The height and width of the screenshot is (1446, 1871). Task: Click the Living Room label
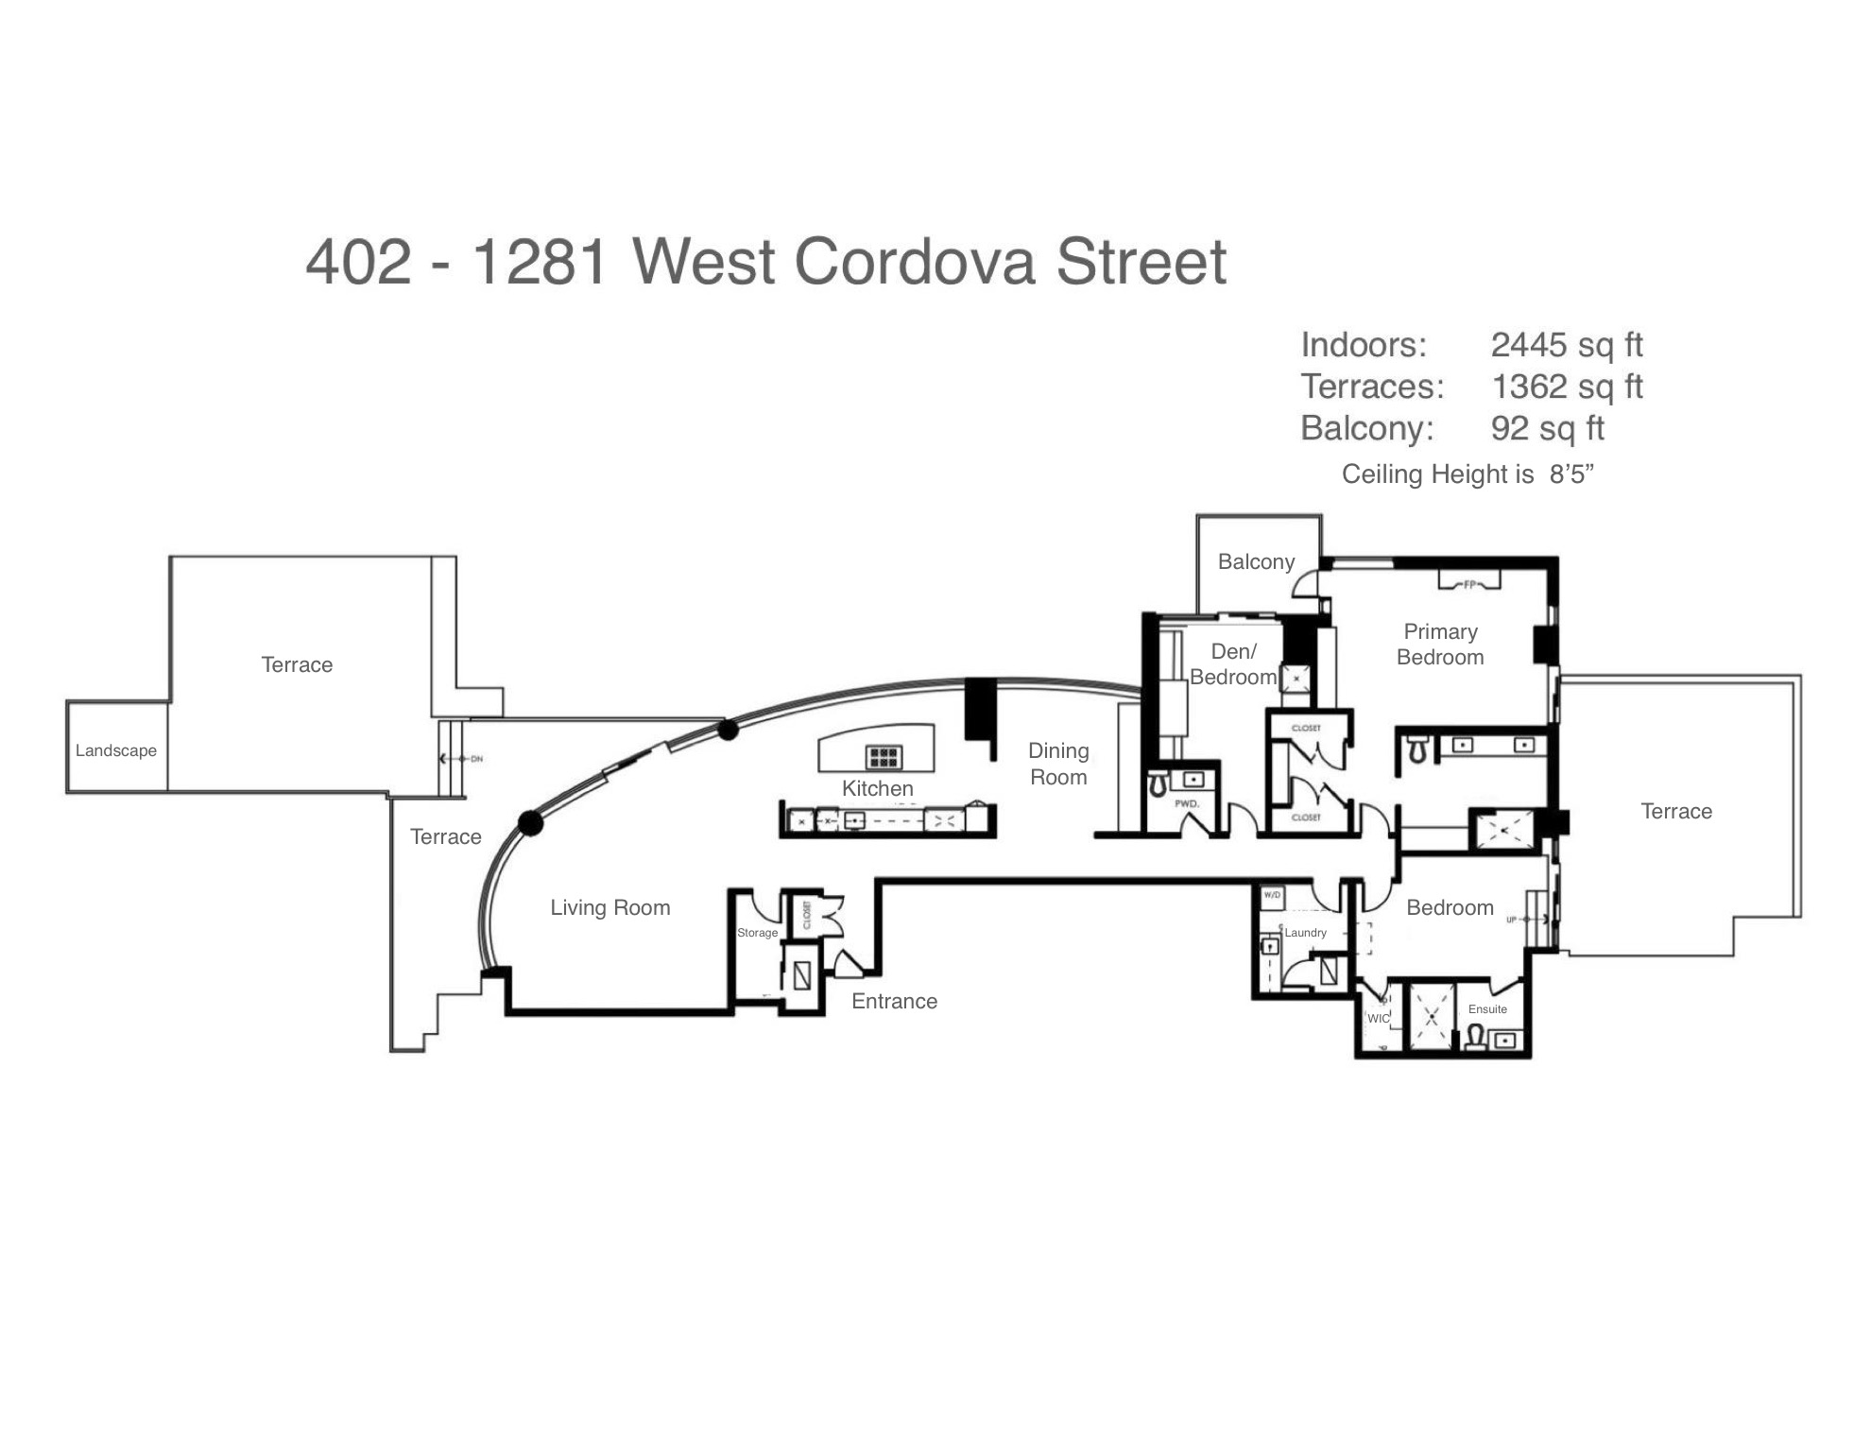pyautogui.click(x=610, y=908)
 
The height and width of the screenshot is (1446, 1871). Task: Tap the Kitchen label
pyautogui.click(x=878, y=789)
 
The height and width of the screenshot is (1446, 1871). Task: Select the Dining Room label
pyautogui.click(x=1058, y=764)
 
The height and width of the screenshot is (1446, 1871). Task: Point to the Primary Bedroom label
pyautogui.click(x=1440, y=645)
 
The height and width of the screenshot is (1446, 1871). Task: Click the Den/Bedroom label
pyautogui.click(x=1233, y=664)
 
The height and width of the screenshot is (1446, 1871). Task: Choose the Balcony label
pyautogui.click(x=1256, y=562)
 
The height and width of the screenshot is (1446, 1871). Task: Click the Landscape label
pyautogui.click(x=116, y=750)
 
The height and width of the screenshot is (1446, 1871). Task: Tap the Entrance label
pyautogui.click(x=894, y=1002)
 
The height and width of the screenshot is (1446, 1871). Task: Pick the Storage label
pyautogui.click(x=757, y=933)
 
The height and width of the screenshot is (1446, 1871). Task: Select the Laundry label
pyautogui.click(x=1305, y=933)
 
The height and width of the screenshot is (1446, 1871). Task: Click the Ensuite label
pyautogui.click(x=1487, y=1009)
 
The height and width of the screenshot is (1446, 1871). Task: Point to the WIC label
pyautogui.click(x=1379, y=1019)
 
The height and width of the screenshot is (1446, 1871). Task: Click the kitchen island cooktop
pyautogui.click(x=884, y=756)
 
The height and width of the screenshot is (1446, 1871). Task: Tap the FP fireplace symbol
pyautogui.click(x=1469, y=584)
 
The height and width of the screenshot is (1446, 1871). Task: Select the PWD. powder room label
pyautogui.click(x=1187, y=803)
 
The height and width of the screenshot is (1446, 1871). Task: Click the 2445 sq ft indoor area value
pyautogui.click(x=1567, y=345)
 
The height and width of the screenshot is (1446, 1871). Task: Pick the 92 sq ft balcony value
pyautogui.click(x=1547, y=428)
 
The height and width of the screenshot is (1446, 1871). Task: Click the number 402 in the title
pyautogui.click(x=359, y=262)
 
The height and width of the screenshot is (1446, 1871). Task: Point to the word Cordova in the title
pyautogui.click(x=915, y=262)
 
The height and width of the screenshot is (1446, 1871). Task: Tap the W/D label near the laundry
pyautogui.click(x=1272, y=894)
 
